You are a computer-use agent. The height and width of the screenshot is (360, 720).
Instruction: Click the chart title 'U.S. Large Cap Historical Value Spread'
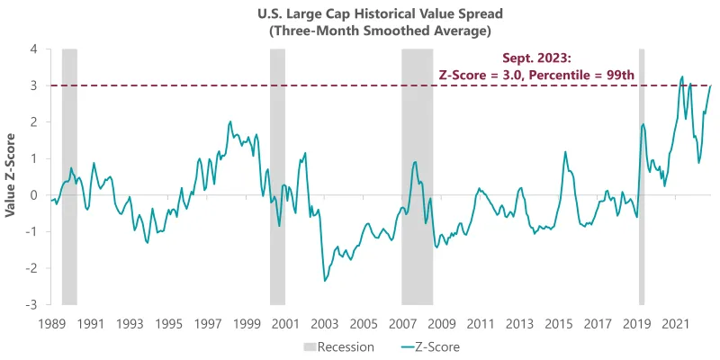(360, 14)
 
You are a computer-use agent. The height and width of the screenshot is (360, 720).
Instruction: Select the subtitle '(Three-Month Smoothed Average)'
(360, 31)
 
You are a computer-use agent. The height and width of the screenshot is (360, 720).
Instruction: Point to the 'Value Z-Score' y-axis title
(11, 176)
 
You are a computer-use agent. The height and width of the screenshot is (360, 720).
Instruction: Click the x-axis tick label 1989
(51, 322)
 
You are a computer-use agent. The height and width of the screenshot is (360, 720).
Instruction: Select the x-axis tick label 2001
(286, 322)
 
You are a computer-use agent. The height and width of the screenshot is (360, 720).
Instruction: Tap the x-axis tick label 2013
(520, 322)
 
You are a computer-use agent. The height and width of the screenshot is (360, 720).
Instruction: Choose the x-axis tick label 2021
(676, 322)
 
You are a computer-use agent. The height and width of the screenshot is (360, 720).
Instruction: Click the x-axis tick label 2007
(403, 322)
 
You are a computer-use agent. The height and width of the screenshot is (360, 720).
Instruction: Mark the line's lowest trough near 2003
(324, 281)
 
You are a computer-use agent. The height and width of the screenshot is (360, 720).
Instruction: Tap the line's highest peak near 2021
(682, 76)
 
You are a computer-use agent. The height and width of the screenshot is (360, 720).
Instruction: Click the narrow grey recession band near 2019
(642, 176)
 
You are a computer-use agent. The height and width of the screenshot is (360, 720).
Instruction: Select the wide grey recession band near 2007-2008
(417, 176)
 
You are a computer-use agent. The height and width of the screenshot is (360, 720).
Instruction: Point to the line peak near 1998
(230, 121)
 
